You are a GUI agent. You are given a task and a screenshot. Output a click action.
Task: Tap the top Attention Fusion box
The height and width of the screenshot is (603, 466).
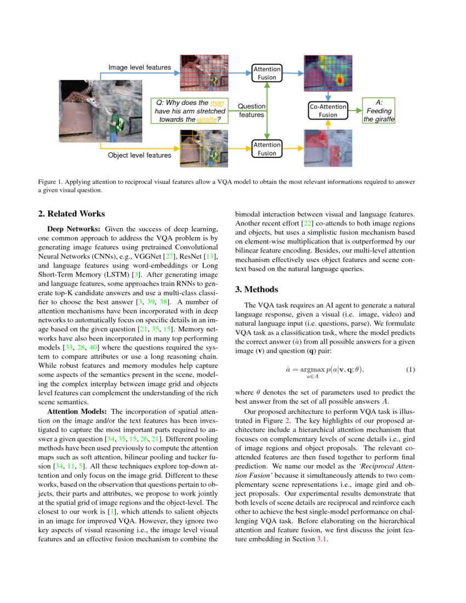click(x=267, y=73)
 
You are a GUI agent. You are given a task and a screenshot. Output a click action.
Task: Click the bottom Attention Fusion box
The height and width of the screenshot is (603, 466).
click(x=267, y=149)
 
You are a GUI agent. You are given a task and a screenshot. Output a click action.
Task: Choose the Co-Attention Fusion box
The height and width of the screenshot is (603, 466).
click(x=328, y=111)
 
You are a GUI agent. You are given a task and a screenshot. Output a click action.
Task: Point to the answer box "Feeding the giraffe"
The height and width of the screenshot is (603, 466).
click(x=379, y=111)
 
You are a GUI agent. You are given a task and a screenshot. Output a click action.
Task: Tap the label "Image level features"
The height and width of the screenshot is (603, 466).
click(x=139, y=67)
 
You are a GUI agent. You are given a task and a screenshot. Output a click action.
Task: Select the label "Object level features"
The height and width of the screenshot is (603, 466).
click(x=139, y=155)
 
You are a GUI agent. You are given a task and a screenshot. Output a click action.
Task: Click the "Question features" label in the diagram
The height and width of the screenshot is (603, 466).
click(x=252, y=110)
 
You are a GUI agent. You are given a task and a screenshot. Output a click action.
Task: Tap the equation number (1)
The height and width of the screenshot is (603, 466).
click(x=410, y=370)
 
